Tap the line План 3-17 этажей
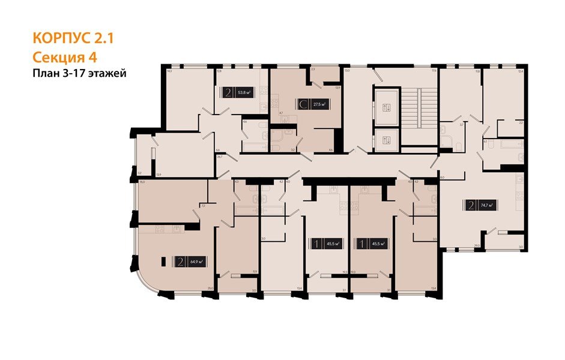click(x=79, y=73)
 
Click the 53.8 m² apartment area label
click(x=244, y=92)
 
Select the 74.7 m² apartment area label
click(x=486, y=205)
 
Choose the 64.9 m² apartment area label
click(x=195, y=262)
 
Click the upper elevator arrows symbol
click(x=386, y=108)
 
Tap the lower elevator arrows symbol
click(x=386, y=140)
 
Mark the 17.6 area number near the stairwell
click(x=432, y=71)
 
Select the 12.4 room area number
click(x=520, y=71)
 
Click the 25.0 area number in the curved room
click(x=210, y=289)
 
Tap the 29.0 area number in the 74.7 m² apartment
click(x=476, y=245)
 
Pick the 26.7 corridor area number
click(x=220, y=156)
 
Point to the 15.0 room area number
click(x=142, y=181)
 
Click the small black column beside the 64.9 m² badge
click(x=164, y=262)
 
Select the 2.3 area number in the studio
click(x=312, y=70)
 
